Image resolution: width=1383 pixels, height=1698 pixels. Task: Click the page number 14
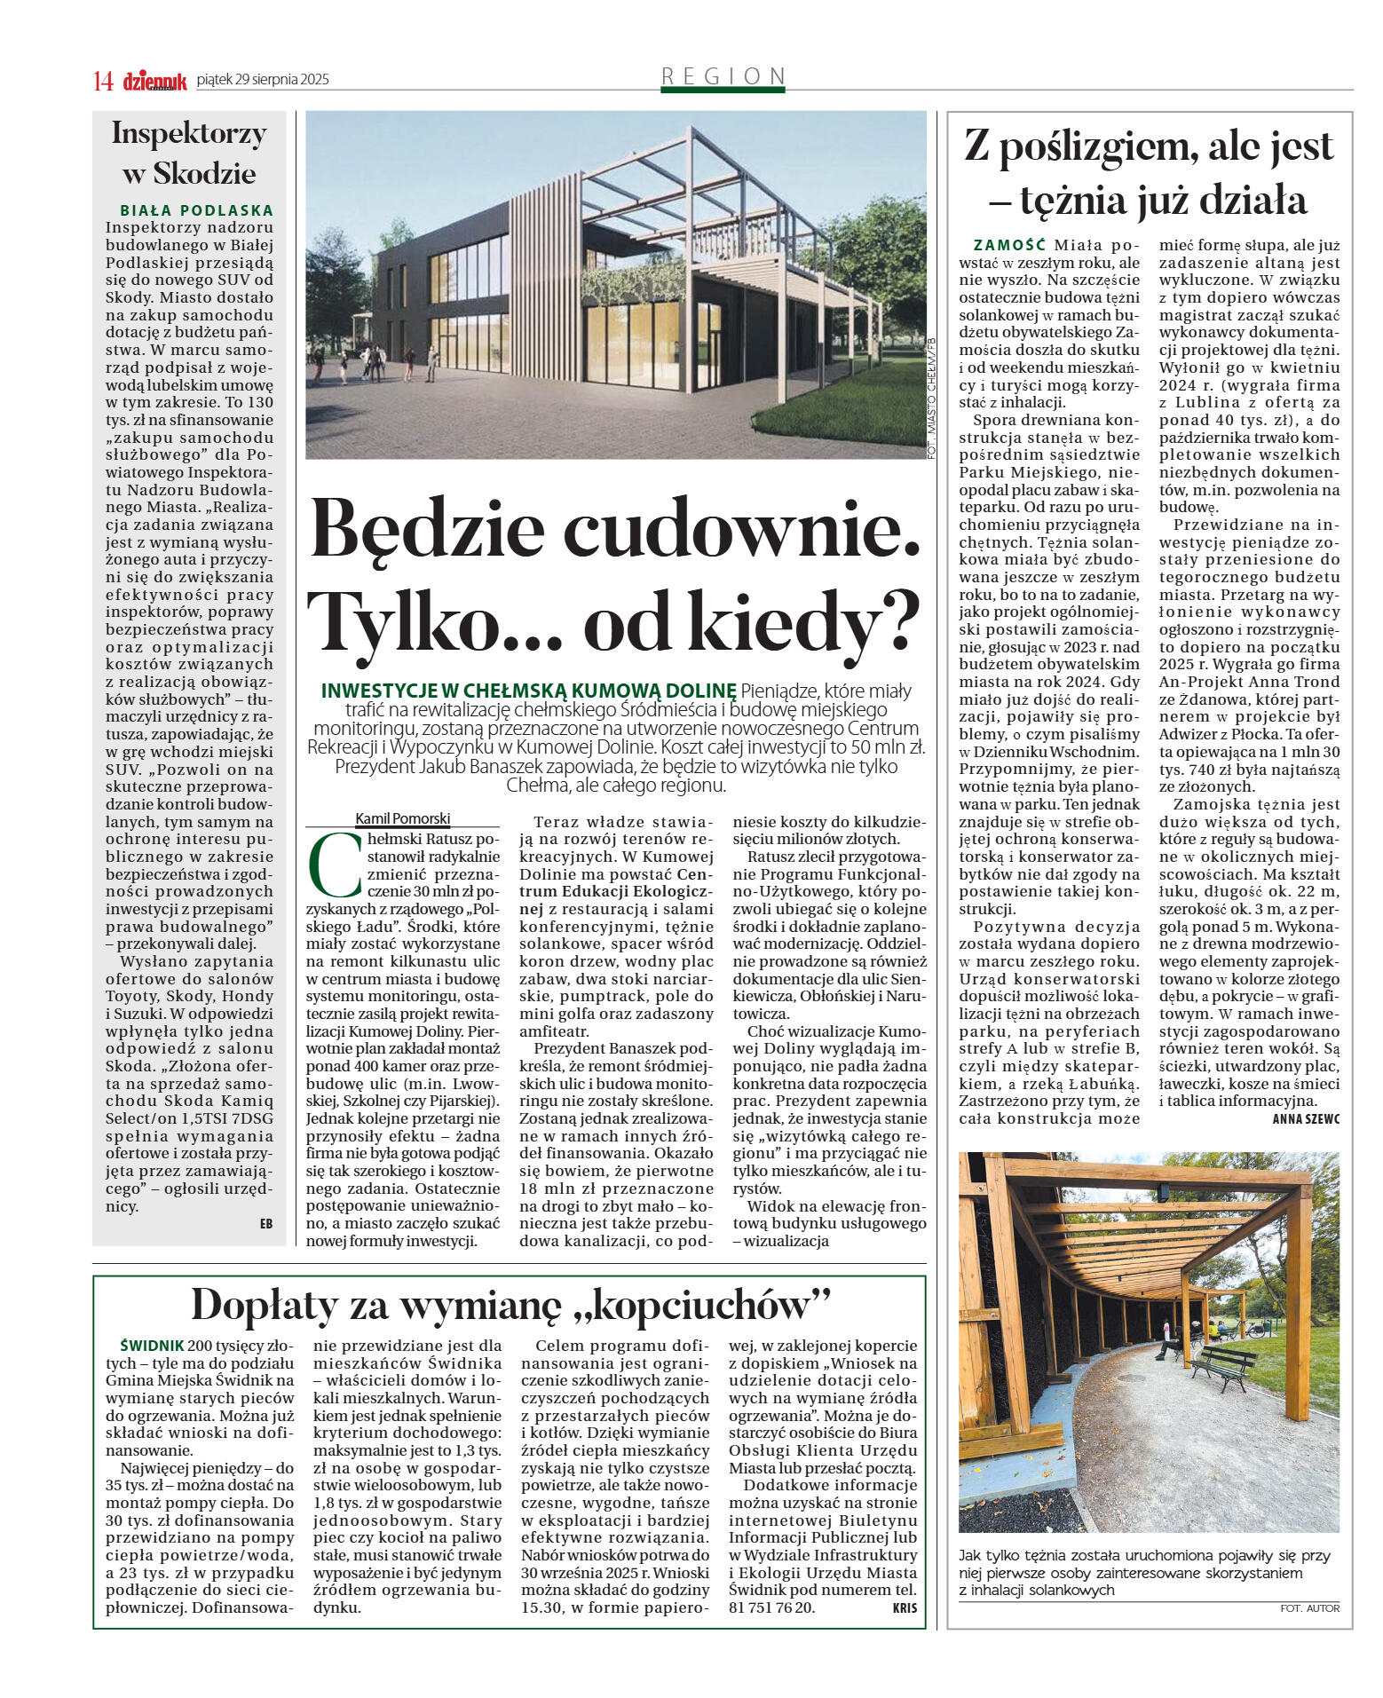click(x=103, y=81)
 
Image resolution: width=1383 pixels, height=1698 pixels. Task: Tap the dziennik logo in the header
click(x=154, y=81)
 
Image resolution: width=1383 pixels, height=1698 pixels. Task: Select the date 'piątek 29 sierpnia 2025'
click(x=263, y=80)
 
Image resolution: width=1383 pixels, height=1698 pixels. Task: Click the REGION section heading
click(x=723, y=76)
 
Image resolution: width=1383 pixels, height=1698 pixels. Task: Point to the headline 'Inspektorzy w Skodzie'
click(x=189, y=153)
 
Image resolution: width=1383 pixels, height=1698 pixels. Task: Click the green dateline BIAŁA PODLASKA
click(x=197, y=211)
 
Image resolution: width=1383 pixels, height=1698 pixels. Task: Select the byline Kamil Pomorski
click(x=402, y=818)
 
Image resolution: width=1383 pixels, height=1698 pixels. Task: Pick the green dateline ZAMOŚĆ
click(x=1009, y=245)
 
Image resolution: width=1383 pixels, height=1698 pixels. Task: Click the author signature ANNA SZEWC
click(x=1306, y=1119)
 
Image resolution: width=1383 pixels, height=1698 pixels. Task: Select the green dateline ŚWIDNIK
click(x=153, y=1346)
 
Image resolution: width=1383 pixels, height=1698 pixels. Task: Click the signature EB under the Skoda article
click(x=265, y=1224)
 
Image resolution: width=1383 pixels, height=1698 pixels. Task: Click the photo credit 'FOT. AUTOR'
click(x=1309, y=1607)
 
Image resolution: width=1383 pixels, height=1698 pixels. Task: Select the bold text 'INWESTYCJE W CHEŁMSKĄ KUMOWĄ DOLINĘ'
click(x=528, y=691)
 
